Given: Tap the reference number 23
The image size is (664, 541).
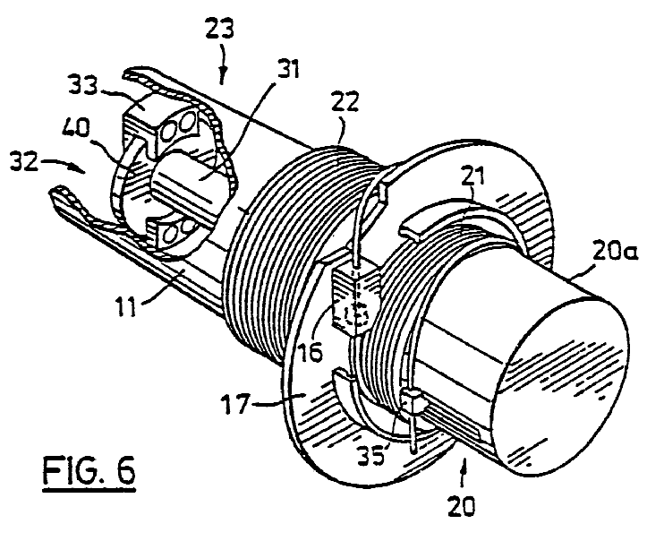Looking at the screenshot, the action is (219, 30).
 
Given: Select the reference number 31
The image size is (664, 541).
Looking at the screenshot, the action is (285, 69).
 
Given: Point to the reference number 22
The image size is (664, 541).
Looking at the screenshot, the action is (345, 101).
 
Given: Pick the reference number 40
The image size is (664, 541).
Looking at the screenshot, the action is (75, 127).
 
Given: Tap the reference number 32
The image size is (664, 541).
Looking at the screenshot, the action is (24, 162).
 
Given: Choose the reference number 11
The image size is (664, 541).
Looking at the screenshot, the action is (127, 306).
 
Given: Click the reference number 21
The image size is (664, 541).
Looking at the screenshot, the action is (472, 176).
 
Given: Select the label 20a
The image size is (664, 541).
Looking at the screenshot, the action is (615, 252).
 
